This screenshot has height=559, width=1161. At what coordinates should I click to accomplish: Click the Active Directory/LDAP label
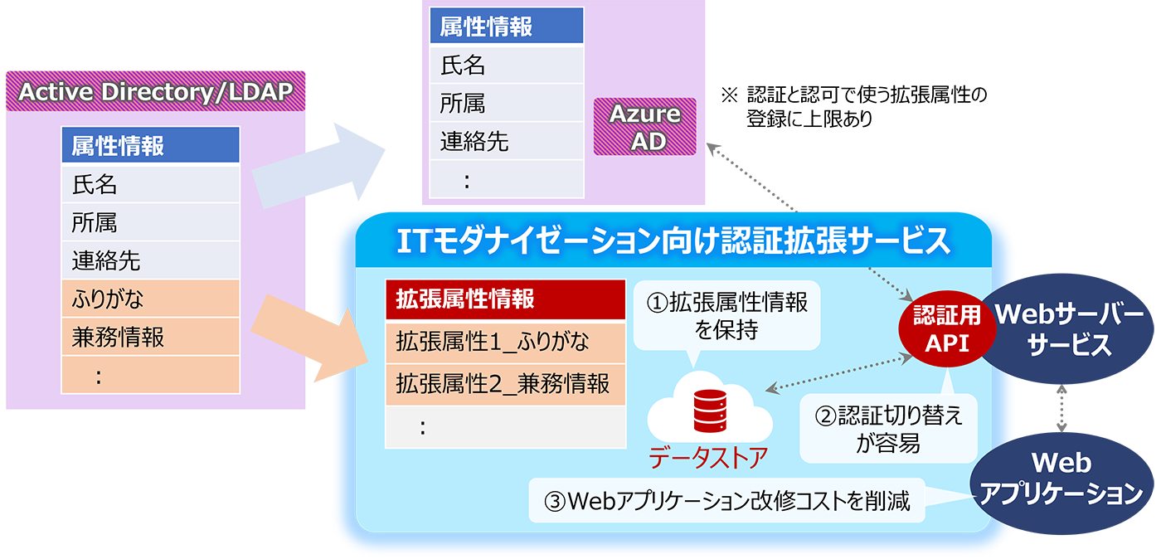(155, 91)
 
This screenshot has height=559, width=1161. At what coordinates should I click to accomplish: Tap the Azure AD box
(644, 127)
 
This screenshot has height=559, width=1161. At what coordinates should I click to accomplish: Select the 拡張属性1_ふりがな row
(505, 342)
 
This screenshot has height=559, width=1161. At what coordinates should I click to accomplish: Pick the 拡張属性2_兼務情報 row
(505, 384)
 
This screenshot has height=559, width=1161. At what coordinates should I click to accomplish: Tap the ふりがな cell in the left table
(151, 299)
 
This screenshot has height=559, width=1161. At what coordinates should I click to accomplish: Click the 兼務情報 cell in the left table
(151, 337)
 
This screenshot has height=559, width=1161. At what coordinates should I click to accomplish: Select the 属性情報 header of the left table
(151, 146)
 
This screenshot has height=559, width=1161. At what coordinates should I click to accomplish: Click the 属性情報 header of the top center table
(506, 27)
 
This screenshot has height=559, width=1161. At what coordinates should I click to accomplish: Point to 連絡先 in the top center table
(506, 141)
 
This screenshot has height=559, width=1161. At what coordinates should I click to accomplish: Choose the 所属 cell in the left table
(151, 222)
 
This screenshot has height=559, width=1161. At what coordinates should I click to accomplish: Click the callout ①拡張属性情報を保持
(726, 316)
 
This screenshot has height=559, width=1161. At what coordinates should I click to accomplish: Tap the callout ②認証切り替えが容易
(888, 429)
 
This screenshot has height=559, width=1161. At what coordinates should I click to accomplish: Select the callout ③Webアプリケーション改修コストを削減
(726, 500)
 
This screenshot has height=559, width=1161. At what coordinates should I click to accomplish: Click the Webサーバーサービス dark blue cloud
(1070, 328)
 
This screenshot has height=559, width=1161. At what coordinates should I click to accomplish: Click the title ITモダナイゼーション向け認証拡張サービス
(673, 241)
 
